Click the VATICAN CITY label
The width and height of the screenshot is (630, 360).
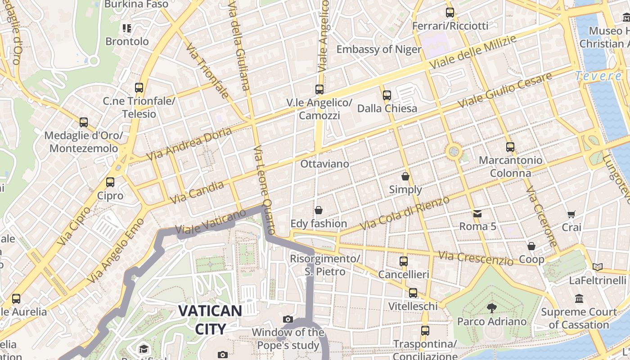(210, 319)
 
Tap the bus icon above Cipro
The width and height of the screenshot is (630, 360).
(110, 182)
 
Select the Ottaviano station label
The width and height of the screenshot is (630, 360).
(324, 164)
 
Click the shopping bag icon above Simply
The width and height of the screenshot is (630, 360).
(405, 176)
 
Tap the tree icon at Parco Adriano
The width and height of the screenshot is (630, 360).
(491, 308)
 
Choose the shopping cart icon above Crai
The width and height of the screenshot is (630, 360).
(571, 215)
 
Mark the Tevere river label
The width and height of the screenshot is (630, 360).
(598, 76)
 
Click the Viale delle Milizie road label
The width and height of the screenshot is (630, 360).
(472, 52)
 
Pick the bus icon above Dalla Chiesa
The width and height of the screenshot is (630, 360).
(387, 95)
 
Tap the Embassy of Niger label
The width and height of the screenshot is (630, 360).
(379, 49)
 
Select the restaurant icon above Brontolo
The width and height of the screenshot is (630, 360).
(127, 29)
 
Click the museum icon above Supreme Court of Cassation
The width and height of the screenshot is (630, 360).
(579, 299)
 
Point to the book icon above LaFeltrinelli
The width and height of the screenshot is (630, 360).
(598, 267)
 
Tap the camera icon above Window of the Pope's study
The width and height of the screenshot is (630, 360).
(288, 319)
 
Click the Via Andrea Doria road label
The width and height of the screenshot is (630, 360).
(189, 144)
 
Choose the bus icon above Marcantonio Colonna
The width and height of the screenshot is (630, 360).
(510, 147)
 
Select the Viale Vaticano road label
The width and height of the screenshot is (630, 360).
(211, 222)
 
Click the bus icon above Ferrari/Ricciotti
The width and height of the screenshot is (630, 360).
(450, 13)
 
